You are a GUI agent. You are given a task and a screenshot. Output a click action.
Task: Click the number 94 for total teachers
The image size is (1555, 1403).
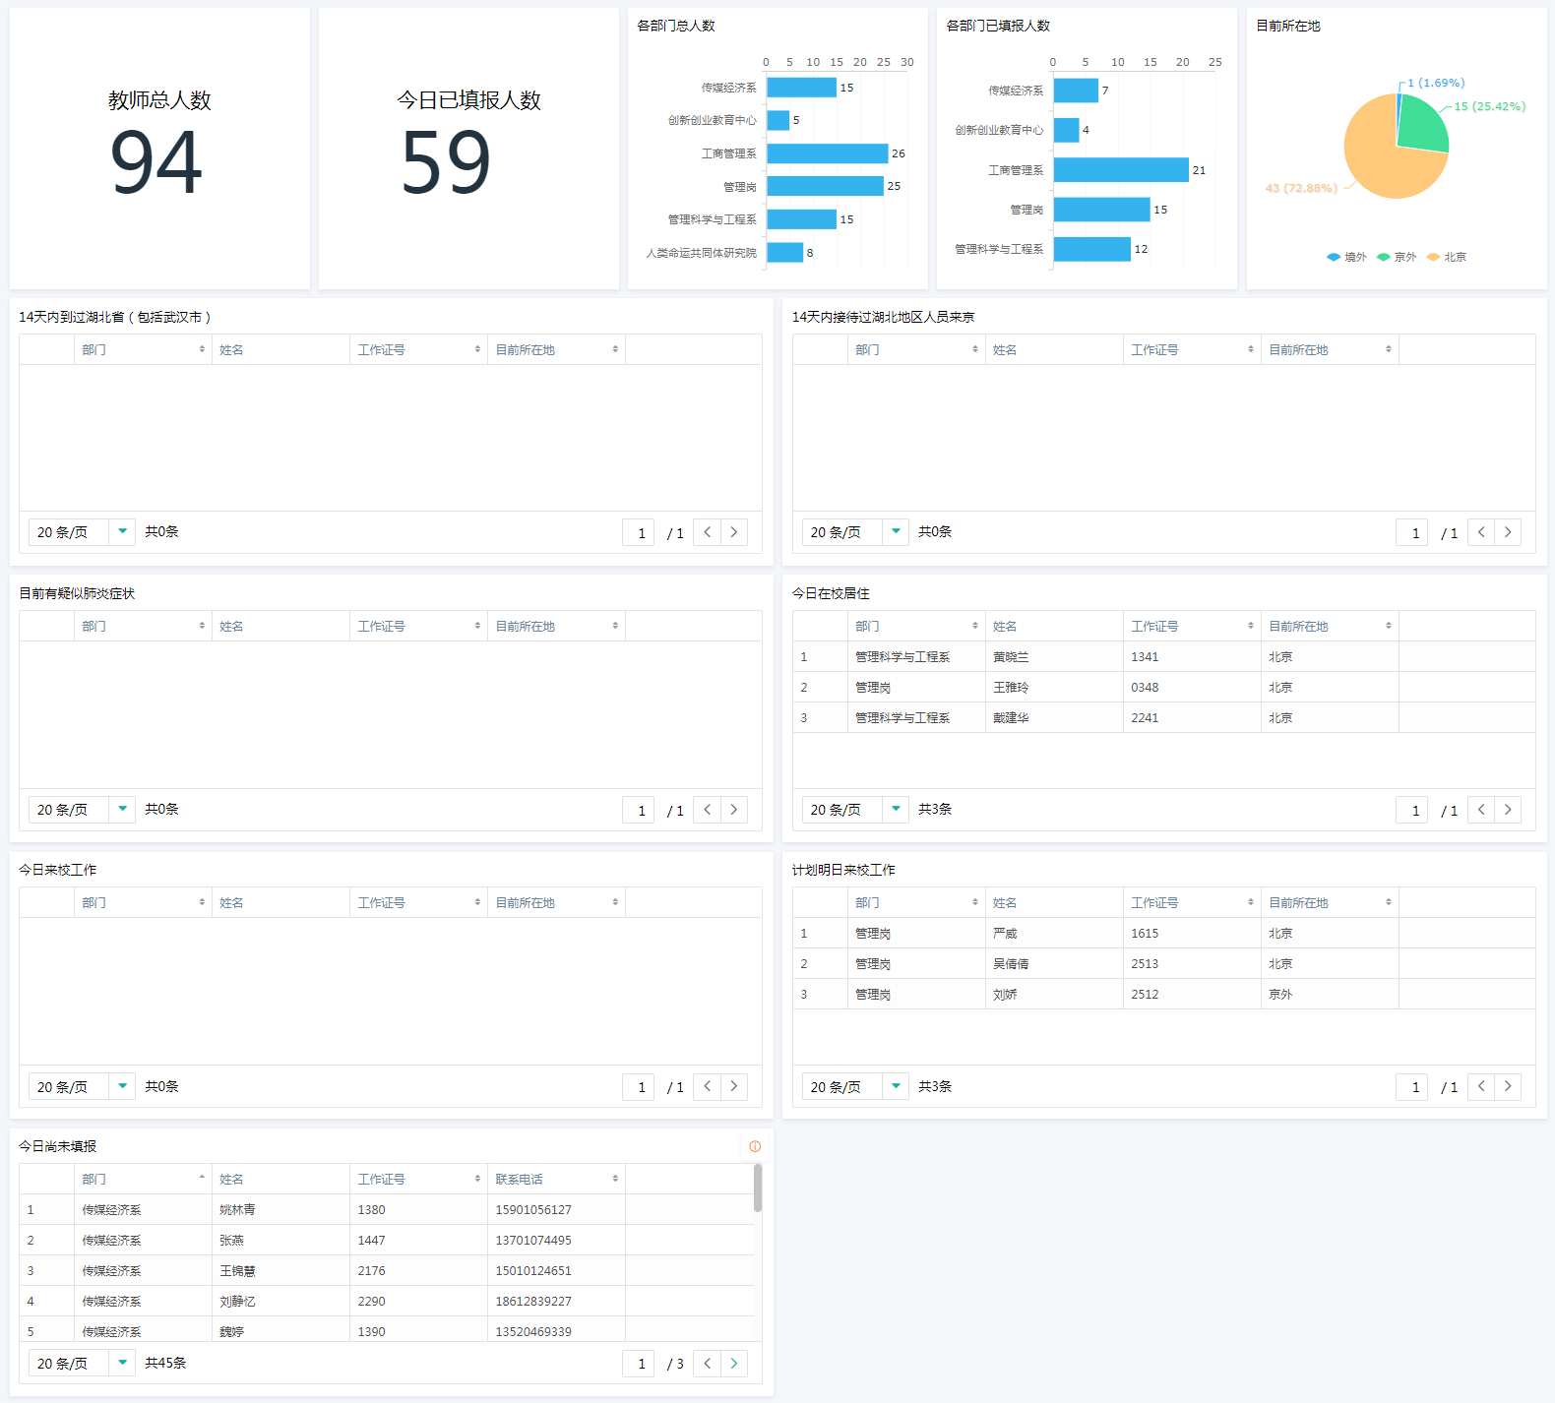pos(156,163)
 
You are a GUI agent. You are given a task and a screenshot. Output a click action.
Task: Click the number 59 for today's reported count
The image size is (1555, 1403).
pos(446,163)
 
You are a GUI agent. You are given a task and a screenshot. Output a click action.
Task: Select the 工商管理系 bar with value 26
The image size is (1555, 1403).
pos(827,153)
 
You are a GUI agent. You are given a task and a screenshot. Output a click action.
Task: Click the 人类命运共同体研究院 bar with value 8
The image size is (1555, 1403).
pos(784,253)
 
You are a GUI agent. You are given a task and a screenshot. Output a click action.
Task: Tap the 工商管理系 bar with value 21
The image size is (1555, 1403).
pos(1120,170)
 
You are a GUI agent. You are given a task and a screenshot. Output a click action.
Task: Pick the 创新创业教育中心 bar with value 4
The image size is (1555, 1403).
pos(1066,130)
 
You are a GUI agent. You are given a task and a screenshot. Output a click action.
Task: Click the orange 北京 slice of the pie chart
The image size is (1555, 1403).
pos(1383,167)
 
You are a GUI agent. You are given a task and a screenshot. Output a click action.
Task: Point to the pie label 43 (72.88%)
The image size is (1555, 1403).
pos(1301,188)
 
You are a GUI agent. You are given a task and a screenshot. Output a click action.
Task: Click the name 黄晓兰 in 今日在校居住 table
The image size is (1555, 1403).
pos(1011,657)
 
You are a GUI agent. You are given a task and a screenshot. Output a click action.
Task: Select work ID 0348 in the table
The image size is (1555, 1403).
pos(1145,688)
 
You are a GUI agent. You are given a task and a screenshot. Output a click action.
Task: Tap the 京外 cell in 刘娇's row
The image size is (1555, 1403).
pos(1280,995)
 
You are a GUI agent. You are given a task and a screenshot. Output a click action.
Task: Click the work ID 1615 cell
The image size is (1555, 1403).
pos(1145,934)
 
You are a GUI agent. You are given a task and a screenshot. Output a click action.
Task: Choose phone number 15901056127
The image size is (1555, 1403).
pos(533,1210)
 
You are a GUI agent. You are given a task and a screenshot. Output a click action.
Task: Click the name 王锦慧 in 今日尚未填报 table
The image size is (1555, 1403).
pos(237,1271)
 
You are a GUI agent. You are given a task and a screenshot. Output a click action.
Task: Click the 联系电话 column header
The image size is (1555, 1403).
pos(520,1179)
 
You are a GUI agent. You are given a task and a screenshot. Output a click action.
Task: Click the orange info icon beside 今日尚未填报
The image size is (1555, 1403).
pos(755,1146)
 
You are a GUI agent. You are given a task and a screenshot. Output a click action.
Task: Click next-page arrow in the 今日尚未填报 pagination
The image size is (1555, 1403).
pos(733,1364)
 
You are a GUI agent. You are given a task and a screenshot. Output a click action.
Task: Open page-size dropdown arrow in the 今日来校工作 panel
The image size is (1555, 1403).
pos(122,1086)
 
